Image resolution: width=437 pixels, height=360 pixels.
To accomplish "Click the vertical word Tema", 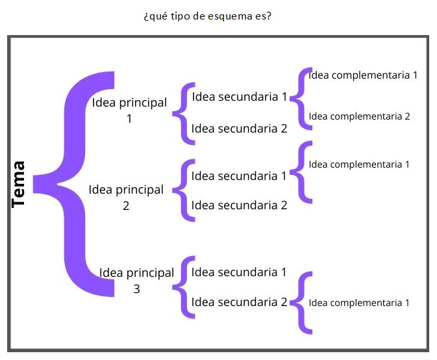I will [x=19, y=184].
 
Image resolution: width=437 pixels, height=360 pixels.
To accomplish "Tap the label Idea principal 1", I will [x=130, y=110].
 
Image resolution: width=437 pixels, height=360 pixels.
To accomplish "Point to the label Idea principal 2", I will [x=126, y=198].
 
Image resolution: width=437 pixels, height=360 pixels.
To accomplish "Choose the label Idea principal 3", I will [x=136, y=281].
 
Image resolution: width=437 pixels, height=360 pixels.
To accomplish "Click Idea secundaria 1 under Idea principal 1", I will [x=240, y=97].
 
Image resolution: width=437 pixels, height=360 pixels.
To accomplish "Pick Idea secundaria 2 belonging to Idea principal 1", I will [x=240, y=129].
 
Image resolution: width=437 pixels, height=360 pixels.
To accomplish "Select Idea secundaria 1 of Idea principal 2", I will [x=239, y=175].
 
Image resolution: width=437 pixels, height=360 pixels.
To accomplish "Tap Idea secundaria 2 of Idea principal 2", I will [x=239, y=205].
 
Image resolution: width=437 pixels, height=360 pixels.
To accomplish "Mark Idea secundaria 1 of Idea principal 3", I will [x=239, y=272].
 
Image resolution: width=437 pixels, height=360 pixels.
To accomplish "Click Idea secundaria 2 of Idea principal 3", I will [x=239, y=302].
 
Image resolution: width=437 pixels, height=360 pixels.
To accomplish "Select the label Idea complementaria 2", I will [x=359, y=116].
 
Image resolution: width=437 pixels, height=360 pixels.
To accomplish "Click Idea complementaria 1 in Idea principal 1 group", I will [x=363, y=75].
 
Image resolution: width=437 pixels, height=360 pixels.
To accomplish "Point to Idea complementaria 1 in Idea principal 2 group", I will [x=359, y=164].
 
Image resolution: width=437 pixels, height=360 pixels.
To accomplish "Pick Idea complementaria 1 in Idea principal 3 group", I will [x=359, y=302].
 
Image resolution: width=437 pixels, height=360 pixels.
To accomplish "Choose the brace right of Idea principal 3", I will [x=184, y=287].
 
